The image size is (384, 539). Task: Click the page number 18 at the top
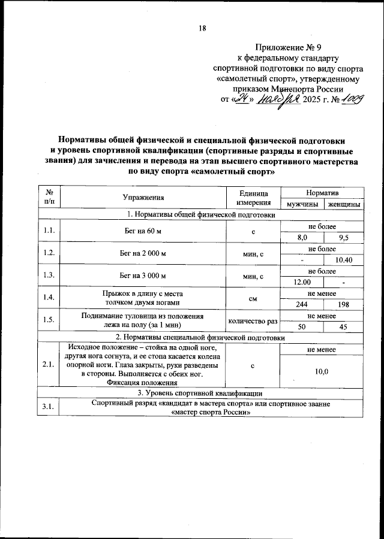[202, 28]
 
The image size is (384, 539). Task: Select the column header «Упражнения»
[143, 197]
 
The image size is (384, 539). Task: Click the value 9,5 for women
[344, 238]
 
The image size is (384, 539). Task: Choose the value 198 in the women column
[344, 304]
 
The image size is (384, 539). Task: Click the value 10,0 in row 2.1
[322, 371]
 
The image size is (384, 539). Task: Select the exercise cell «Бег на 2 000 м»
[143, 253]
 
